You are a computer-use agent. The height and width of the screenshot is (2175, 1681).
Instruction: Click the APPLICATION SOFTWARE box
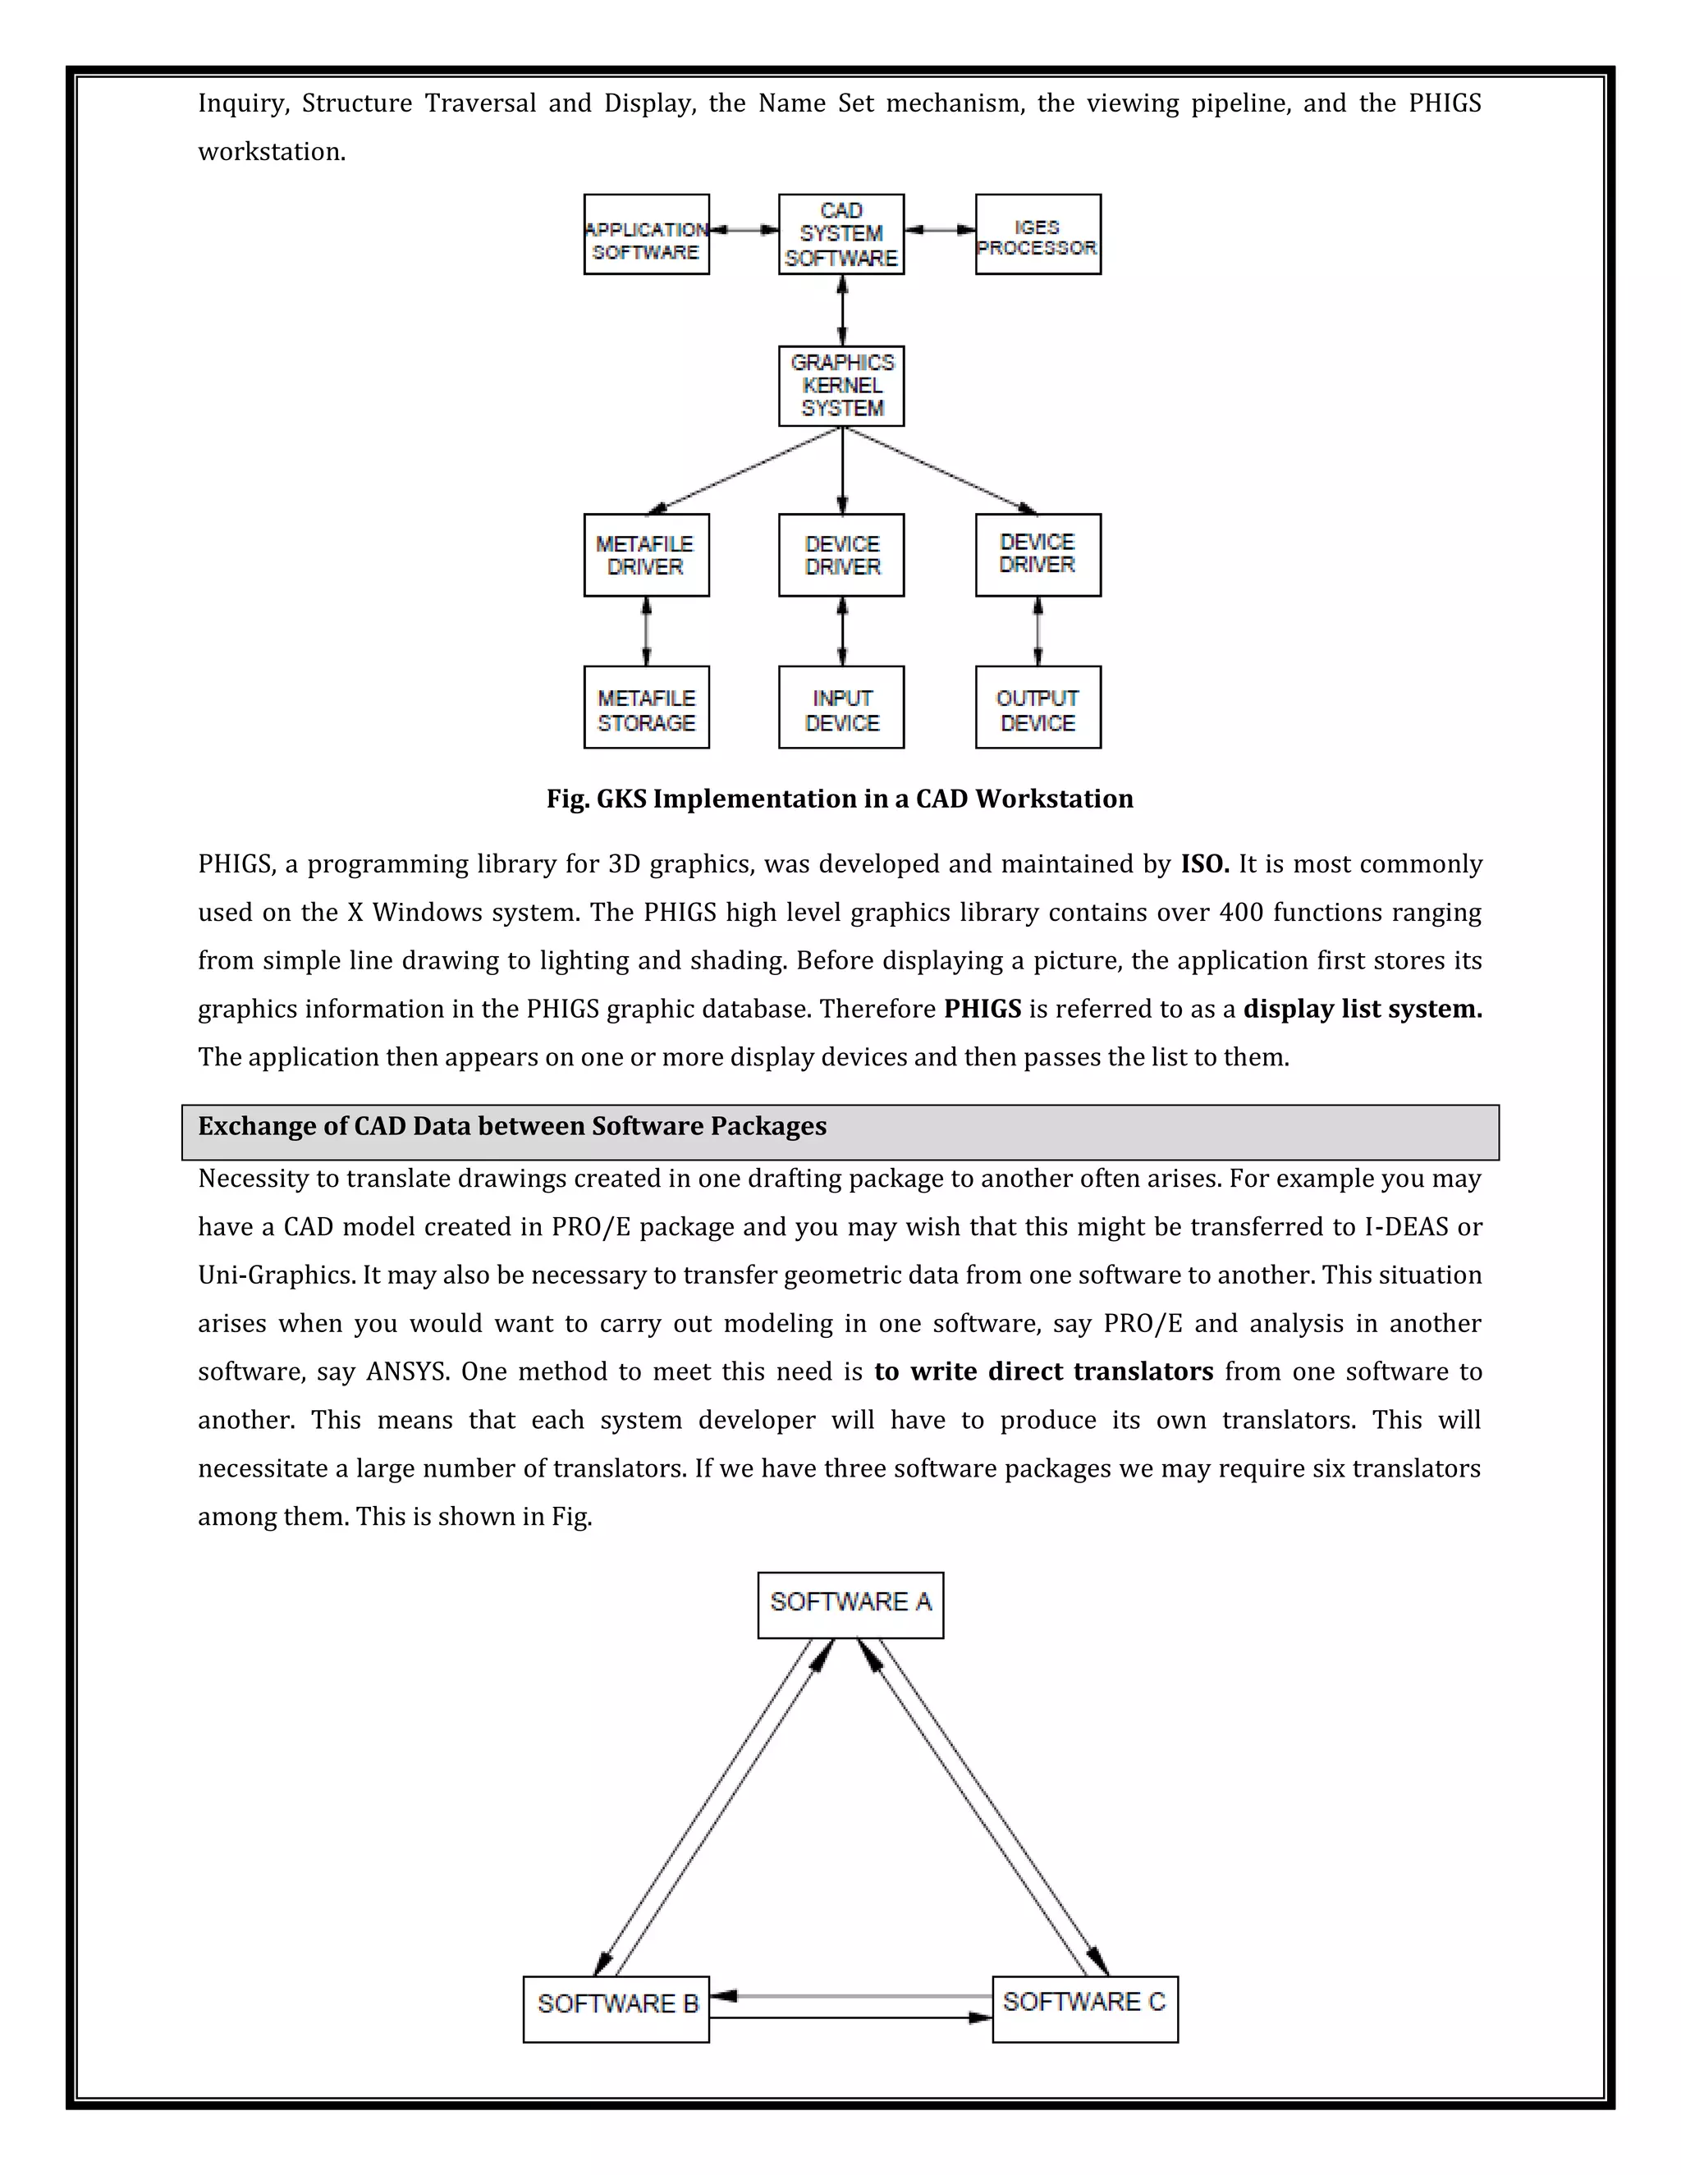pos(646,235)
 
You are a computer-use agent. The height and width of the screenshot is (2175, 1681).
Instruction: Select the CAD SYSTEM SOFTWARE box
pos(841,235)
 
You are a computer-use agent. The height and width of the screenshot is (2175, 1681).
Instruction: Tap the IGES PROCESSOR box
pos(1037,235)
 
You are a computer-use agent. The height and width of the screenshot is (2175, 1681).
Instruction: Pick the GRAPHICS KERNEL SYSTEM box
pos(841,387)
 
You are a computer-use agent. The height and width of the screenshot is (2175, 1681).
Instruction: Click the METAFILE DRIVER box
pos(646,556)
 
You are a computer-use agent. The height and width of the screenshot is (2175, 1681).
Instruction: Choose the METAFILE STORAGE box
pos(646,708)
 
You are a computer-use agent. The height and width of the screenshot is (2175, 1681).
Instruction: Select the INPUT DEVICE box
pos(841,708)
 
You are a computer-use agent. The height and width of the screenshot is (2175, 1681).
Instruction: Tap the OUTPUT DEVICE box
pos(1037,708)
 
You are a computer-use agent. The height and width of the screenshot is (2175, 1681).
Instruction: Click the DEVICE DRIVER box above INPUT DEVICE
pos(841,556)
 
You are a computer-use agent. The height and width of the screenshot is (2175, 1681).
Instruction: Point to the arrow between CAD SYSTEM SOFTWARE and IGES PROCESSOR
pos(939,230)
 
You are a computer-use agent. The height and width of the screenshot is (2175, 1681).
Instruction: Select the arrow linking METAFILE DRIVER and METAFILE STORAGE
pos(646,631)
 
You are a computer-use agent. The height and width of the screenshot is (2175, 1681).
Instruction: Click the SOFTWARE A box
pos(850,1605)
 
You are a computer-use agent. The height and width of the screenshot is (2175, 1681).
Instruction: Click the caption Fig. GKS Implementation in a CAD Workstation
pos(840,799)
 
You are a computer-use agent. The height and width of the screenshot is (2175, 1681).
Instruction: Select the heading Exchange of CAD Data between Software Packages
pos(512,1126)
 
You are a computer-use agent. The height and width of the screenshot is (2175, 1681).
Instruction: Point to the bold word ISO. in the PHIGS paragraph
pos(1205,863)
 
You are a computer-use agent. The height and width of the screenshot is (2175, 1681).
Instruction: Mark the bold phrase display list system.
pos(1363,1009)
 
